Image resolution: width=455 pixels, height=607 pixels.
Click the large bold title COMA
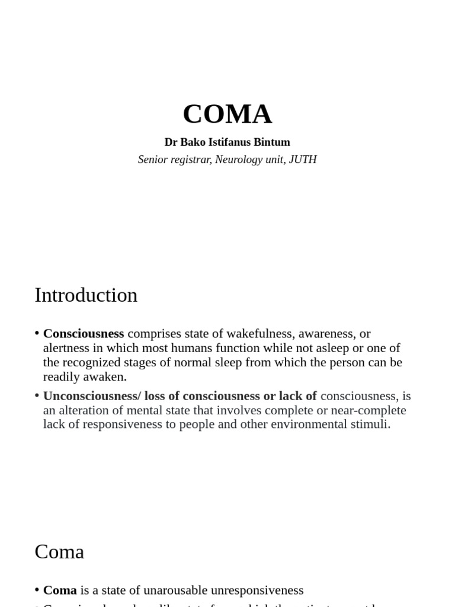click(227, 114)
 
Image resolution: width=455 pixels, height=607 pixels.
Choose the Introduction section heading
click(86, 295)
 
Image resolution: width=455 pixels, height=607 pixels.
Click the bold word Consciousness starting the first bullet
click(84, 334)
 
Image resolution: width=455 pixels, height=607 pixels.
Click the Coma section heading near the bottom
click(59, 552)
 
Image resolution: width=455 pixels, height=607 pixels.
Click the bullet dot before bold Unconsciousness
click(37, 395)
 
